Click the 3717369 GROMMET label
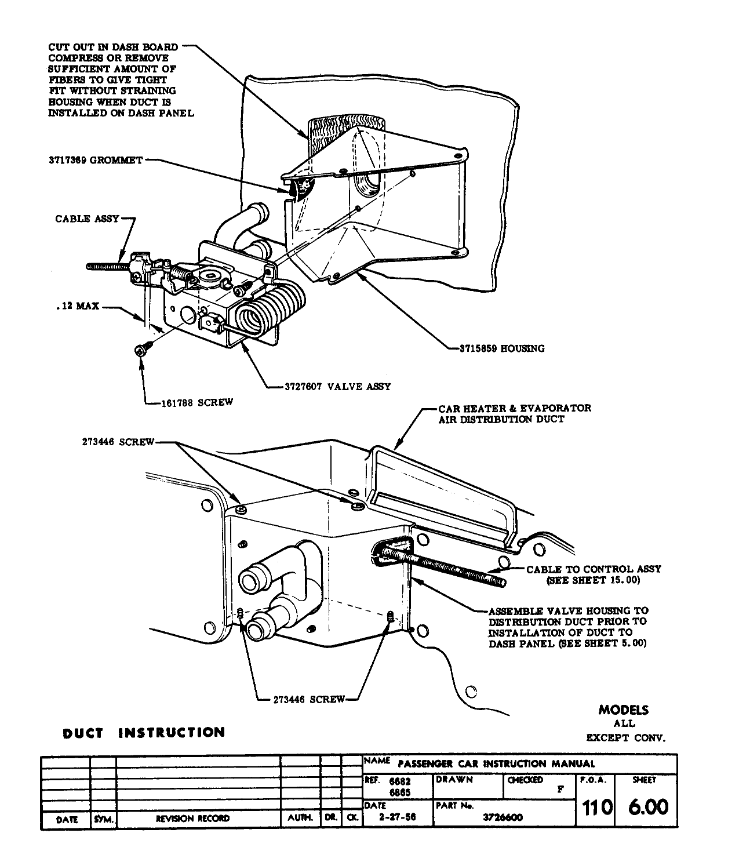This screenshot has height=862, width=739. click(x=95, y=160)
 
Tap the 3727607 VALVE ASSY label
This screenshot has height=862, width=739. click(x=337, y=387)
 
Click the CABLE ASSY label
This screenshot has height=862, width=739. click(x=87, y=219)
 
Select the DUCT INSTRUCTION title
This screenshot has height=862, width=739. click(x=143, y=733)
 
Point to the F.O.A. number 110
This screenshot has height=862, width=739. click(x=594, y=808)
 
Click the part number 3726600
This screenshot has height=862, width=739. click(x=503, y=817)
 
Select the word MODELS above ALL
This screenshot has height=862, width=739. click(x=624, y=710)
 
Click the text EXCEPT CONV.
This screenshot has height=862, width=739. click(x=625, y=738)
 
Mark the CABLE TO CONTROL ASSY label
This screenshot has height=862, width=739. click(x=594, y=569)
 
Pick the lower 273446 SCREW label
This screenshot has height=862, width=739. click(x=309, y=699)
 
